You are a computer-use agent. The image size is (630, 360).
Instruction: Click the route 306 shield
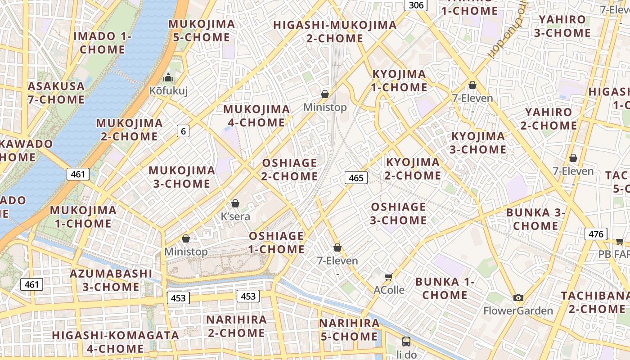click(416, 5)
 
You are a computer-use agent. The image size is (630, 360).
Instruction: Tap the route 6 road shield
click(183, 131)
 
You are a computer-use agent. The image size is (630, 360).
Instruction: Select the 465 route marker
click(356, 178)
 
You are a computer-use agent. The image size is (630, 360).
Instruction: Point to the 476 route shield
click(596, 234)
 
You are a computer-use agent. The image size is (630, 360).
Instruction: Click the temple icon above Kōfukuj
click(168, 78)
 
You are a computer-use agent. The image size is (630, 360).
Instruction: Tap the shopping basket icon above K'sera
click(235, 203)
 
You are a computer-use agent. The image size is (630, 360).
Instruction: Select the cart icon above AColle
click(389, 277)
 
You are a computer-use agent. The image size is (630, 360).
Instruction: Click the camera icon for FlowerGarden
click(518, 297)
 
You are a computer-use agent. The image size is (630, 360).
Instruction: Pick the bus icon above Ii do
click(406, 341)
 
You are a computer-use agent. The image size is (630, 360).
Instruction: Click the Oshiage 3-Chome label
click(399, 213)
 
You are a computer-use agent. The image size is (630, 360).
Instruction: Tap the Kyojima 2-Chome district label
click(413, 169)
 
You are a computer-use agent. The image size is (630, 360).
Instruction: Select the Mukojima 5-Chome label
click(202, 31)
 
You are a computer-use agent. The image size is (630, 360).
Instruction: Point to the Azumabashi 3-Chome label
click(111, 280)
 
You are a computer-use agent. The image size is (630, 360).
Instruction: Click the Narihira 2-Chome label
click(236, 326)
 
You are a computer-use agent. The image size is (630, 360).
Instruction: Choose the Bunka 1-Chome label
click(445, 288)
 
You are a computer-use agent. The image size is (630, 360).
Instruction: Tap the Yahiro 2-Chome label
click(549, 119)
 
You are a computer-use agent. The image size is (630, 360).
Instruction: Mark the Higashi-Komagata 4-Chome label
click(115, 342)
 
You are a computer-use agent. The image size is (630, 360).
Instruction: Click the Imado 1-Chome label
click(102, 43)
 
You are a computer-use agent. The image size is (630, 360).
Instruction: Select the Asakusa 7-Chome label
click(56, 93)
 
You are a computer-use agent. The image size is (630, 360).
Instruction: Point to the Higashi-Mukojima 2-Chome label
click(335, 31)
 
